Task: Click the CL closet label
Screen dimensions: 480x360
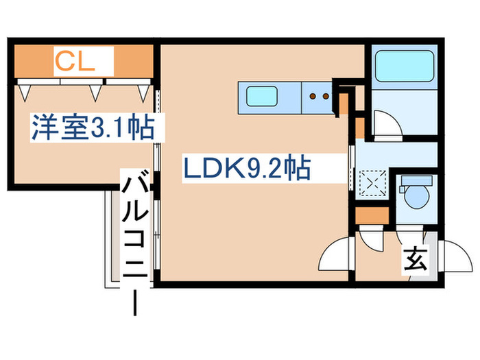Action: point(75,62)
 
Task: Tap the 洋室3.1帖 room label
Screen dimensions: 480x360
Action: point(93,128)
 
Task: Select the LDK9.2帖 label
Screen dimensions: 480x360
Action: point(247,167)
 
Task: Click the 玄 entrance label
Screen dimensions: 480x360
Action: point(415,261)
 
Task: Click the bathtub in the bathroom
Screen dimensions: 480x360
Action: point(405,66)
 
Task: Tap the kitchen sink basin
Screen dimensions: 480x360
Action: point(262,97)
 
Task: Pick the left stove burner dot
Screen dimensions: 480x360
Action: point(313,96)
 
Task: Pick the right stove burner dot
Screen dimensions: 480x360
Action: point(326,96)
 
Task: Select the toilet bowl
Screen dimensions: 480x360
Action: point(416,197)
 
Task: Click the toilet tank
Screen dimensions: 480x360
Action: point(417,180)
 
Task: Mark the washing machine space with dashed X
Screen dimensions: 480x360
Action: point(372,183)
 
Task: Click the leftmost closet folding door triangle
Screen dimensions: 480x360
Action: point(25,93)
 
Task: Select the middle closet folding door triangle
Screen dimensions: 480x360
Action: point(95,93)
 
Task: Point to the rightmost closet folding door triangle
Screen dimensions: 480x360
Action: point(143,93)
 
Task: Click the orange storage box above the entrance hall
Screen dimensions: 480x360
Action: point(372,216)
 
